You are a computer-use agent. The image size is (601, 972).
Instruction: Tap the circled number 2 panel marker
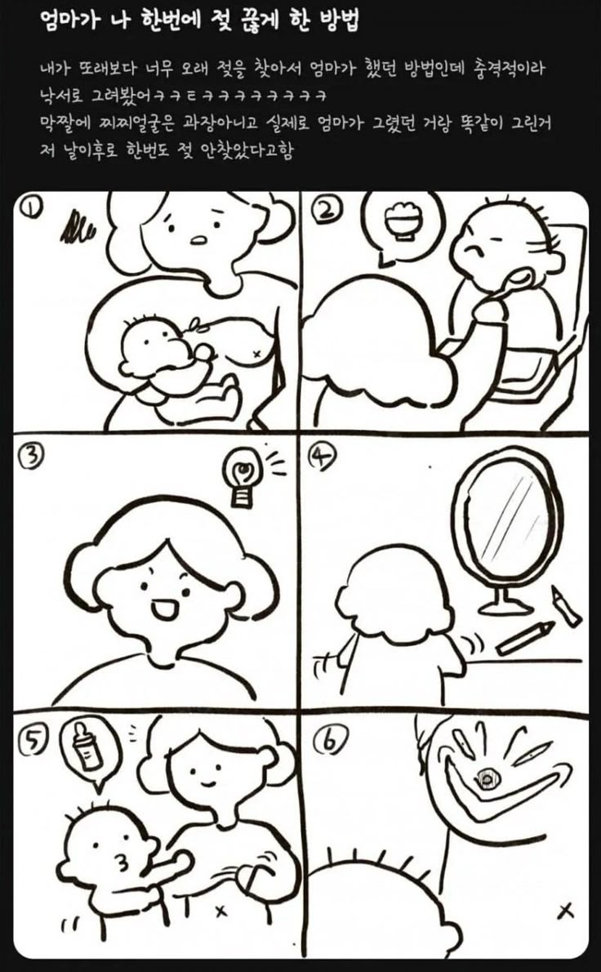click(x=327, y=212)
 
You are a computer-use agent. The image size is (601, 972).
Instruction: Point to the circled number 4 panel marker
click(x=323, y=458)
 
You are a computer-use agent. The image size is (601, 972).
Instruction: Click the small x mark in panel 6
click(x=564, y=911)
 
